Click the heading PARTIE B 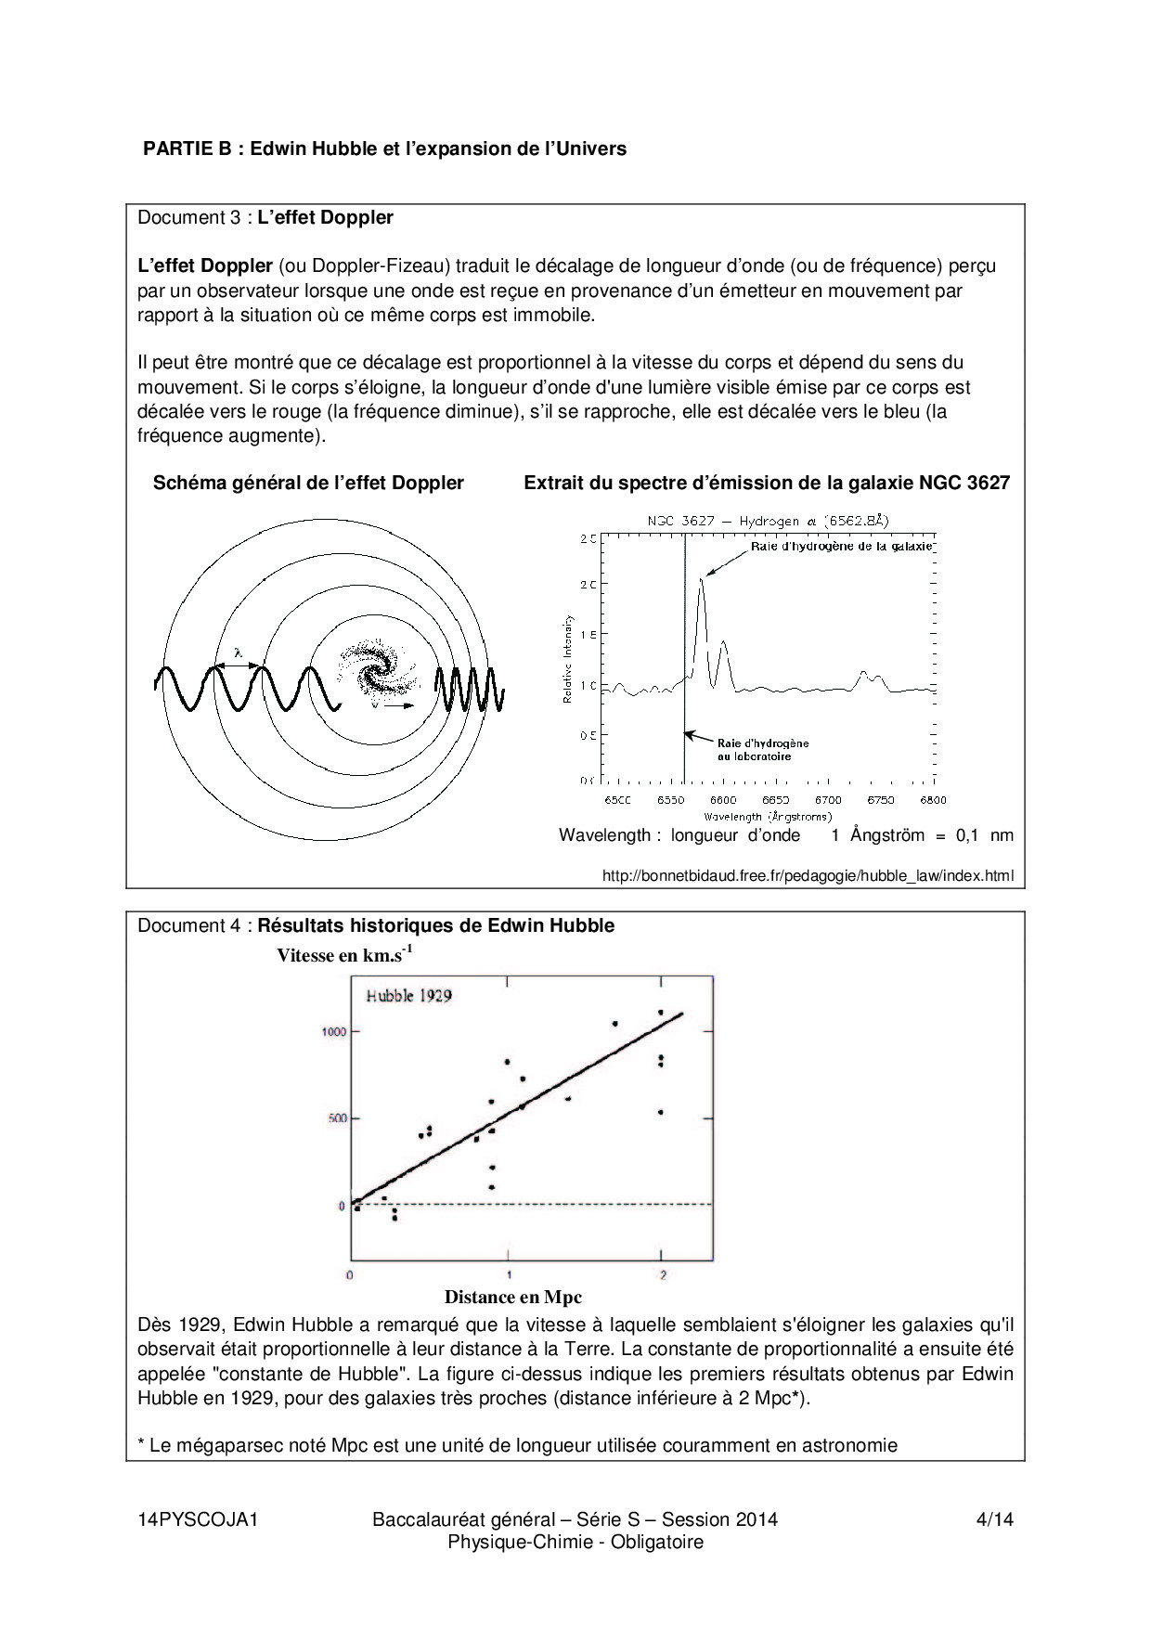pyautogui.click(x=383, y=149)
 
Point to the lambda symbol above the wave pyautogui.click(x=238, y=653)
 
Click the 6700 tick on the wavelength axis pyautogui.click(x=828, y=800)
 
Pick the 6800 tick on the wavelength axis pyautogui.click(x=933, y=800)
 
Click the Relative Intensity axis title pyautogui.click(x=567, y=658)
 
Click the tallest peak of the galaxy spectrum pyautogui.click(x=702, y=580)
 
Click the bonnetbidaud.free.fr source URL pyautogui.click(x=808, y=875)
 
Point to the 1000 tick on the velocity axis pyautogui.click(x=334, y=1032)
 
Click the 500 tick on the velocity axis pyautogui.click(x=337, y=1118)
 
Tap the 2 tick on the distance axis pyautogui.click(x=663, y=1274)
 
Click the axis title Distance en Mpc pyautogui.click(x=512, y=1297)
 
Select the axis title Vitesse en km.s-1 pyautogui.click(x=344, y=955)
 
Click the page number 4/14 pyautogui.click(x=994, y=1519)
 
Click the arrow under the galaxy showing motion pyautogui.click(x=399, y=706)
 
